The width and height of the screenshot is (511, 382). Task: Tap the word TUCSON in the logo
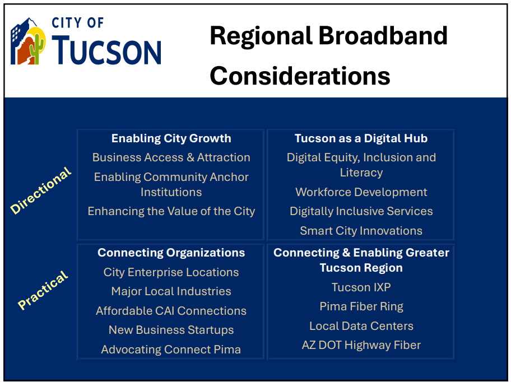106,51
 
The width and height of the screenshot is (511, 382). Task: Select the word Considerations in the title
300,76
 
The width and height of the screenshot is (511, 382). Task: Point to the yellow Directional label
41,190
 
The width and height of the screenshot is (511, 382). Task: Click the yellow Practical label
43,290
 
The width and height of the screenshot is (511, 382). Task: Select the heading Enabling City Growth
171,138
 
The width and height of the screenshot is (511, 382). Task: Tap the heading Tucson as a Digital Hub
361,138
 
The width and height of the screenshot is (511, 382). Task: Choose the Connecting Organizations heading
171,253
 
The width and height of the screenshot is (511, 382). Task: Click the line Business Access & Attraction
171,157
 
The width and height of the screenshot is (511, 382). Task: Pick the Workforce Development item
361,192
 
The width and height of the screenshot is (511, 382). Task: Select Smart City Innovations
361,231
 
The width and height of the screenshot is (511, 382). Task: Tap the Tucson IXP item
361,287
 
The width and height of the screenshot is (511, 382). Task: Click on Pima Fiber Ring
361,307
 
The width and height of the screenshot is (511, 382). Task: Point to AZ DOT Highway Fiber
361,345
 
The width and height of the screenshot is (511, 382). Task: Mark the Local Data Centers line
361,326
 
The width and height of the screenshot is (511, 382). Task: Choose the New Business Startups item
171,330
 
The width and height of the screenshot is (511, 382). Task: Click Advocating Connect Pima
171,350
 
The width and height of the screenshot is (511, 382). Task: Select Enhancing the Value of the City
171,211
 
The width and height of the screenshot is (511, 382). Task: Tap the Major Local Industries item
171,291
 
